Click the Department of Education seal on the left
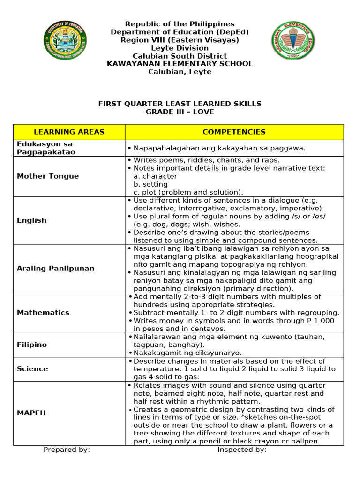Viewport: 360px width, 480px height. pyautogui.click(x=65, y=40)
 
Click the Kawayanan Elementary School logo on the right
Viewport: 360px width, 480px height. pyautogui.click(x=293, y=40)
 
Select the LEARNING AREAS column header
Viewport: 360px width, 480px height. pyautogui.click(x=69, y=132)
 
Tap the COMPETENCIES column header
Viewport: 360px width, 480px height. pyautogui.click(x=234, y=132)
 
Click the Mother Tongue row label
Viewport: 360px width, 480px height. pyautogui.click(x=48, y=176)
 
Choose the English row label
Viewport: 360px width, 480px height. pyautogui.click(x=32, y=220)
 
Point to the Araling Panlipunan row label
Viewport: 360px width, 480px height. pyautogui.click(x=55, y=269)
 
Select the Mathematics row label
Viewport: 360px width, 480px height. pyautogui.click(x=43, y=313)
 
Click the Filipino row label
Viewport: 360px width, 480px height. pyautogui.click(x=32, y=345)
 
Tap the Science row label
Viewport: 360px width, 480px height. pyautogui.click(x=32, y=369)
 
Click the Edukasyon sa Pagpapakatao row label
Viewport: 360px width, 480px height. pyautogui.click(x=46, y=148)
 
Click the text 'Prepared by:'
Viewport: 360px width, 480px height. pyautogui.click(x=67, y=450)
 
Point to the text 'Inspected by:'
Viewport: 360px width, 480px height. pyautogui.click(x=242, y=450)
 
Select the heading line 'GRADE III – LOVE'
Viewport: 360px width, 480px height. pyautogui.click(x=180, y=112)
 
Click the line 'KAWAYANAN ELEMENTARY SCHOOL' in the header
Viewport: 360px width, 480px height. pyautogui.click(x=180, y=64)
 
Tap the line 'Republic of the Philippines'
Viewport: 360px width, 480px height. pyautogui.click(x=180, y=24)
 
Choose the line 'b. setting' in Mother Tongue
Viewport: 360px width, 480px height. pyautogui.click(x=150, y=184)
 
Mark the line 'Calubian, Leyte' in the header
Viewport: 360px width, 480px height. pyautogui.click(x=180, y=72)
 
